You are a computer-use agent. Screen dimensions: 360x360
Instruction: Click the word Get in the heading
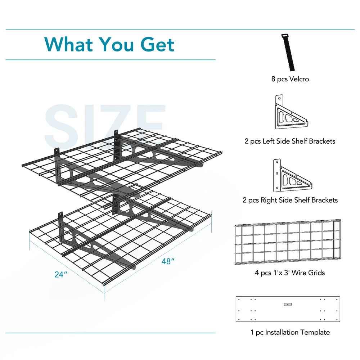[157, 45]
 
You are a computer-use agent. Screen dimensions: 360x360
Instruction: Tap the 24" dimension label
[61, 274]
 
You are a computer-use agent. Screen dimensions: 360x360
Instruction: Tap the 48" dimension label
[168, 261]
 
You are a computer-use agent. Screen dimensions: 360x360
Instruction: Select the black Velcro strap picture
[288, 52]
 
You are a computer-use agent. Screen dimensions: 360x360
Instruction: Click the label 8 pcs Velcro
[290, 79]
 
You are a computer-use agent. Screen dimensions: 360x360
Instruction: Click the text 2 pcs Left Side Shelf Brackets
[290, 141]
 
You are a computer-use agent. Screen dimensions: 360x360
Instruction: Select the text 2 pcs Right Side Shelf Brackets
[290, 200]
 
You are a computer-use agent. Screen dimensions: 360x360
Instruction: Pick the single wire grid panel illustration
[288, 242]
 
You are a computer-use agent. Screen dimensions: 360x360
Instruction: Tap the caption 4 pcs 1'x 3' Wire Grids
[290, 273]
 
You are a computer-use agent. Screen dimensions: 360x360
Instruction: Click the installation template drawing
[288, 309]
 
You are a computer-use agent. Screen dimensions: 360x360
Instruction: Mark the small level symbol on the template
[288, 305]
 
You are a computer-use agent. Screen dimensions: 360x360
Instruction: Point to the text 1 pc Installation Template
[290, 332]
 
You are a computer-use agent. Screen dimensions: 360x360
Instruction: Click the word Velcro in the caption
[299, 79]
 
